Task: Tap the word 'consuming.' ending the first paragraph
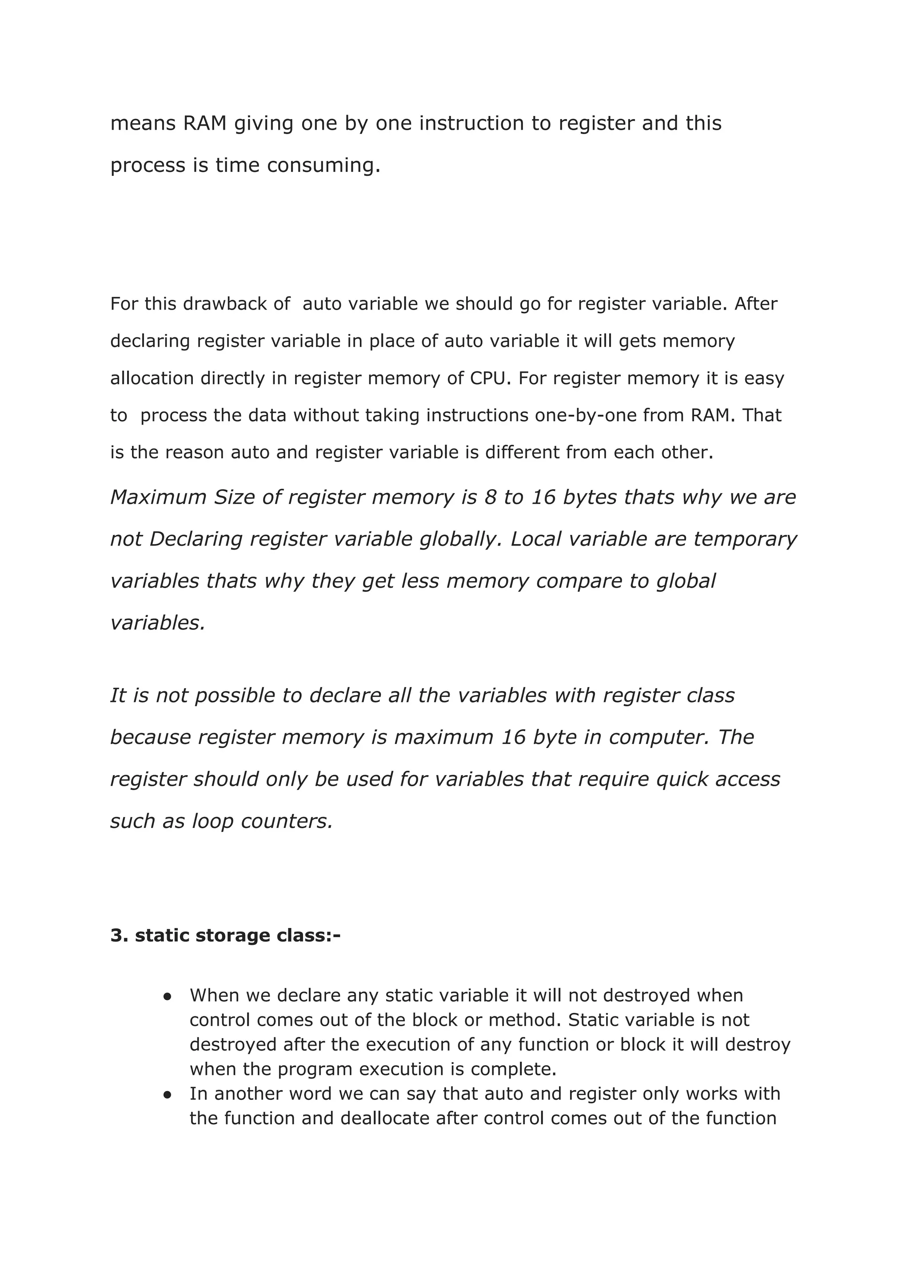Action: tap(323, 166)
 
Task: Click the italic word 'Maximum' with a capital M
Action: tap(158, 498)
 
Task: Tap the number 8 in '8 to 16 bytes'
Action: tap(490, 498)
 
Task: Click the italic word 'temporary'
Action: tap(745, 539)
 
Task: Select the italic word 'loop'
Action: tap(213, 822)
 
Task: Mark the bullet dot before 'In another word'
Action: tap(167, 1095)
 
